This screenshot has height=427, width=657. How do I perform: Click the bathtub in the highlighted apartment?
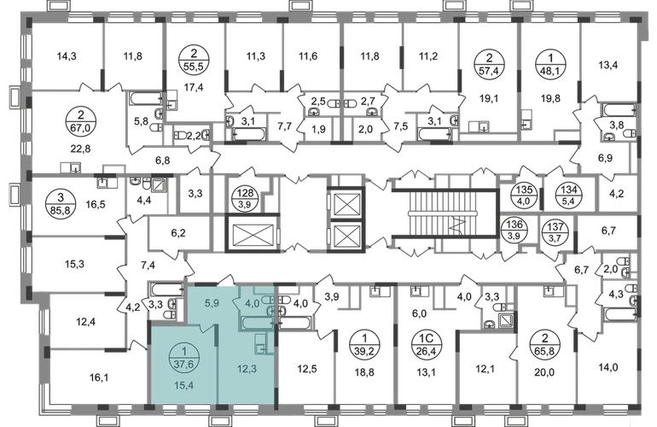click(x=254, y=322)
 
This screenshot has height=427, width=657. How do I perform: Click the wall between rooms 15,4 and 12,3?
click(x=217, y=359)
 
